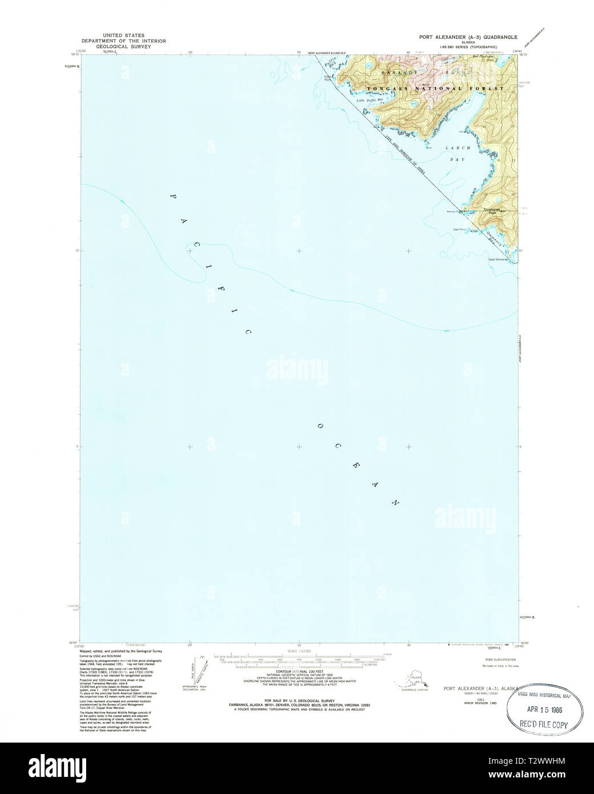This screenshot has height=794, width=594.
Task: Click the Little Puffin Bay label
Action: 368,101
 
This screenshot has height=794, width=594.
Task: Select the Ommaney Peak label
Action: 492,210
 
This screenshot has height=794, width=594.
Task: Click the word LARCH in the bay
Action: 458,147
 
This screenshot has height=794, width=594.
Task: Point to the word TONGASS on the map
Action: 389,89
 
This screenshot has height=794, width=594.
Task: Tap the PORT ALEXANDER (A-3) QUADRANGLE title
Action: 467,36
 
